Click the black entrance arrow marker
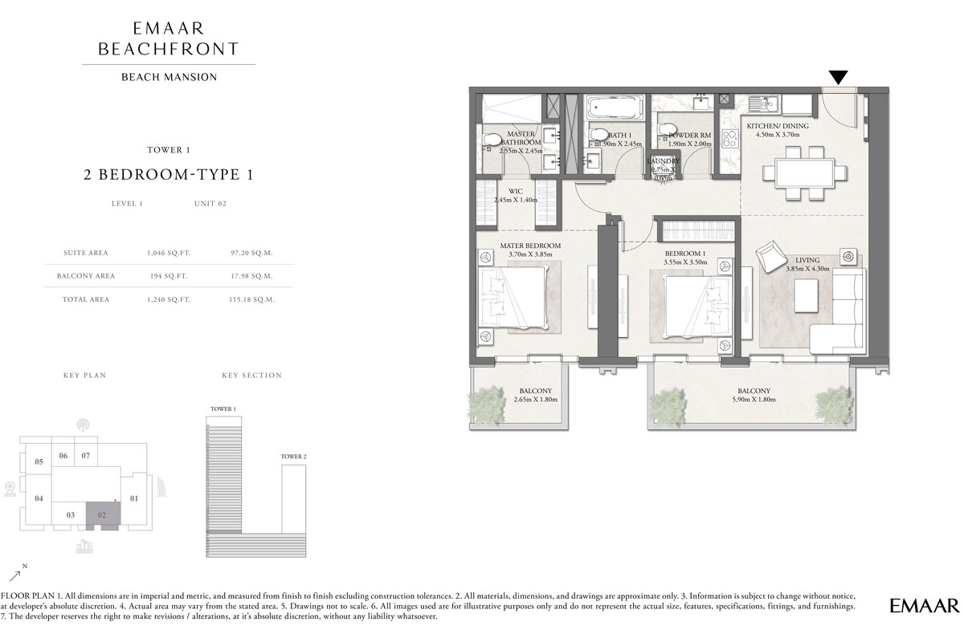[x=838, y=77]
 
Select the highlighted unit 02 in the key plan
[x=103, y=515]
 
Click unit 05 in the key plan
[x=38, y=461]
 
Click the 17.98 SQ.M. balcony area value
[x=252, y=276]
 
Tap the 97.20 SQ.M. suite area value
[x=252, y=253]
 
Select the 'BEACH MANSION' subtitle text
[x=169, y=78]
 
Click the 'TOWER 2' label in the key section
[x=293, y=457]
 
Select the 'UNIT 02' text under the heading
[x=210, y=204]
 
